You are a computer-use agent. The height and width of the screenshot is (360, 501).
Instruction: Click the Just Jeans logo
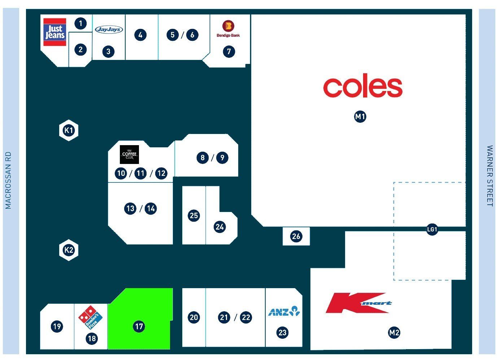[x=55, y=32]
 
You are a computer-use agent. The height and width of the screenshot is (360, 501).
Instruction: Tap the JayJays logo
[x=109, y=29]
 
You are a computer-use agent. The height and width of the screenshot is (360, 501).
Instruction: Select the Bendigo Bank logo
[x=228, y=29]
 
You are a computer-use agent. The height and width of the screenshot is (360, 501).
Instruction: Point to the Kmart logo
[x=359, y=303]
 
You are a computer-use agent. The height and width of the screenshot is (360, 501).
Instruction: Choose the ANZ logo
[x=284, y=311]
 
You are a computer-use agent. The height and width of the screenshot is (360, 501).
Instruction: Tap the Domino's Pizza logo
[x=90, y=317]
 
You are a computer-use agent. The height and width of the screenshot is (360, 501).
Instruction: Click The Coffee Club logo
[x=129, y=155]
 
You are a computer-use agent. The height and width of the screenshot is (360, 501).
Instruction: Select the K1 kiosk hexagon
[x=69, y=130]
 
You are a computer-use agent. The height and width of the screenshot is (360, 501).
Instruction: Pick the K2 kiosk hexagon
[x=69, y=250]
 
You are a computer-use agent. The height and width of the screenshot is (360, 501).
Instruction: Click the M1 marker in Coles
[x=360, y=117]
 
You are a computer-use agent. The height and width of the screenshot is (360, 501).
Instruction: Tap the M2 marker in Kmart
[x=394, y=333]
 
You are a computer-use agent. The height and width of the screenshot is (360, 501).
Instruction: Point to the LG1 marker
[x=432, y=229]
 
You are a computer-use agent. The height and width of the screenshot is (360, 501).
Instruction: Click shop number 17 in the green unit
[x=139, y=326]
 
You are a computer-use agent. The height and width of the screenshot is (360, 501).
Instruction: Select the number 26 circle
[x=296, y=236]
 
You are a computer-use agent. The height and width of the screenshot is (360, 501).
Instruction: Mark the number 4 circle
[x=140, y=35]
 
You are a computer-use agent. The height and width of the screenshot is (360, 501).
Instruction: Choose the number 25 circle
[x=194, y=216]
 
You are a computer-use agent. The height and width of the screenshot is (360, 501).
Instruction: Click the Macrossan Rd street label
[x=8, y=180]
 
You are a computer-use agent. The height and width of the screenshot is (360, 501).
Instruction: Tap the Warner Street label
[x=490, y=176]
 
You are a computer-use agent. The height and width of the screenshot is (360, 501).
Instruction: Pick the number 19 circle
[x=57, y=326]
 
